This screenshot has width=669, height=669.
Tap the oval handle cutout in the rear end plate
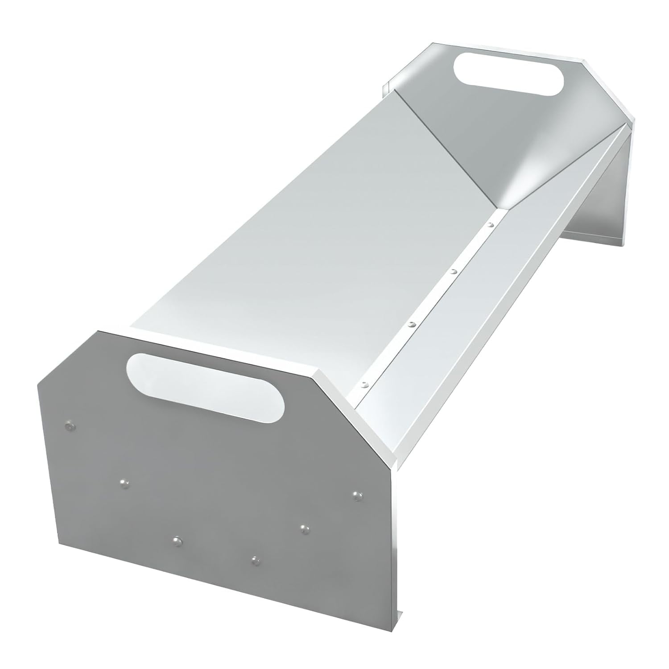click(508, 74)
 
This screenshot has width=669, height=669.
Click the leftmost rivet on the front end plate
click(69, 427)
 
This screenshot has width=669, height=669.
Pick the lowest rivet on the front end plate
click(255, 559)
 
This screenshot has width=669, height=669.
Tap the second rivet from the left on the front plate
click(124, 482)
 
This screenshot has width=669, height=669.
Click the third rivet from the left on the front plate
click(177, 540)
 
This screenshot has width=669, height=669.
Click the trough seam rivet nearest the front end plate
click(365, 383)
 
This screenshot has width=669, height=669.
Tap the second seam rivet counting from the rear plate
click(453, 271)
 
